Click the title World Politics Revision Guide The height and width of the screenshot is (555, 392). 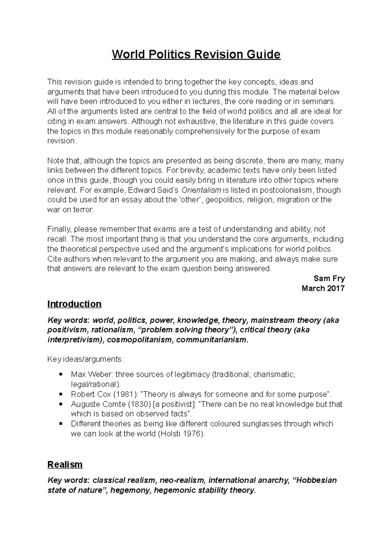click(196, 54)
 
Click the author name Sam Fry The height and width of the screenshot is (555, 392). click(329, 278)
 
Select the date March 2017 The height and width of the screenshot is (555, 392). click(323, 288)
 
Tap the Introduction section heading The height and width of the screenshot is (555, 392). click(74, 304)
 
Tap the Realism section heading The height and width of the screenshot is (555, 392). click(65, 464)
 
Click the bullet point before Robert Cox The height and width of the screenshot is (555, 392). click(60, 394)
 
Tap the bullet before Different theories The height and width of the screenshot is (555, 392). click(60, 424)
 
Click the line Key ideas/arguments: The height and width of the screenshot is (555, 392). click(86, 359)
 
